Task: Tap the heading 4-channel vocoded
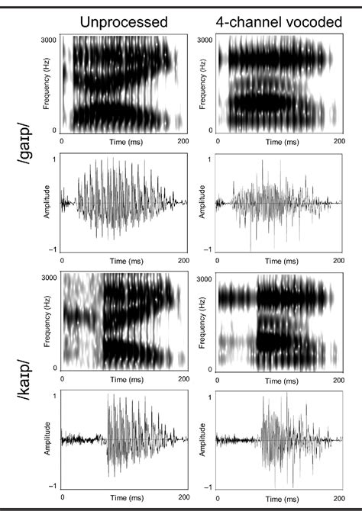pos(279,22)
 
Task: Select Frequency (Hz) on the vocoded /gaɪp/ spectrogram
pos(201,85)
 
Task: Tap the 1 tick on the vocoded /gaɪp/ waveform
pos(211,159)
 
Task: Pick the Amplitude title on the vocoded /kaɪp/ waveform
pos(201,440)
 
